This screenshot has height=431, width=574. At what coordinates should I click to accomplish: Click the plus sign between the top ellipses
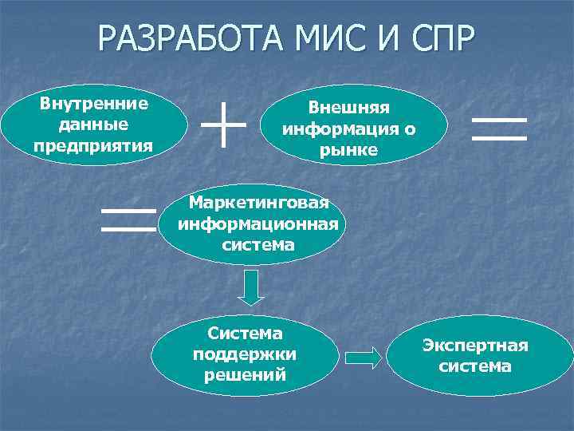click(x=224, y=125)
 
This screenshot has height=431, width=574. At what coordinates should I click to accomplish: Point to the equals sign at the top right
click(x=500, y=129)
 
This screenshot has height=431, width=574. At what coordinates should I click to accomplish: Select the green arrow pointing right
click(x=364, y=357)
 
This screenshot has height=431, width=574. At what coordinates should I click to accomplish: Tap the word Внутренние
click(x=94, y=104)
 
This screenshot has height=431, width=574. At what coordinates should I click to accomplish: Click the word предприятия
click(x=94, y=145)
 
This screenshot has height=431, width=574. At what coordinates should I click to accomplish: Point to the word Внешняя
click(x=348, y=107)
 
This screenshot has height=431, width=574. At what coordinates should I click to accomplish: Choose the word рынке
click(x=348, y=149)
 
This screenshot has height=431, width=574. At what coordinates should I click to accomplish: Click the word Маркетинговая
click(x=258, y=203)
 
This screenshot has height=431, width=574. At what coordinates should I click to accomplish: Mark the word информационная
click(x=258, y=223)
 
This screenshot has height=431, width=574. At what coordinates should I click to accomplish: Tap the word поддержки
click(x=245, y=354)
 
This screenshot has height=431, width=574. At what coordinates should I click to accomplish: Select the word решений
click(x=245, y=374)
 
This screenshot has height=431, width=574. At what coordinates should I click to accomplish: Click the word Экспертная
click(x=476, y=346)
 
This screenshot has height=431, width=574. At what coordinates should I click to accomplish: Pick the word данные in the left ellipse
click(x=94, y=125)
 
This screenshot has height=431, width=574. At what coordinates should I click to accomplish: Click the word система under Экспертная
click(x=476, y=366)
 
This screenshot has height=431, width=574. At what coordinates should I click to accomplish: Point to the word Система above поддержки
click(x=245, y=333)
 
